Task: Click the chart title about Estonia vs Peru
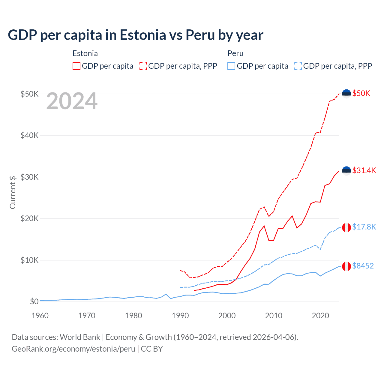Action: click(x=135, y=35)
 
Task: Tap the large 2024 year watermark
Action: click(x=72, y=101)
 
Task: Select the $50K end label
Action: click(x=361, y=93)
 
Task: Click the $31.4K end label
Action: click(x=364, y=170)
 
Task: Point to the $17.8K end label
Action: click(x=364, y=227)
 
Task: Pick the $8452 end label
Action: click(x=363, y=266)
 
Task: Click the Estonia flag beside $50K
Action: click(x=346, y=94)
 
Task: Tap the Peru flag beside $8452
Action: click(x=346, y=266)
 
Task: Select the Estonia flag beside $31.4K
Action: click(x=346, y=171)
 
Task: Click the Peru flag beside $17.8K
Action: click(x=346, y=227)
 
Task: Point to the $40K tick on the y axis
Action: click(x=29, y=135)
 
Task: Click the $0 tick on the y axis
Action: click(x=34, y=301)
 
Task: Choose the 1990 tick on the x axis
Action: click(x=180, y=316)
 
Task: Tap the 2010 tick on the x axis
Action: click(x=274, y=316)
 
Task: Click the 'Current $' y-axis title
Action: click(x=13, y=192)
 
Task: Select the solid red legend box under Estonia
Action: click(x=76, y=66)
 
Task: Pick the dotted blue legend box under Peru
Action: click(x=298, y=66)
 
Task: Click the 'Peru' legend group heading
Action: click(x=235, y=53)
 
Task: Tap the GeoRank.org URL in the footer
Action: click(x=73, y=349)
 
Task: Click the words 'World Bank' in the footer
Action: click(x=80, y=337)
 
